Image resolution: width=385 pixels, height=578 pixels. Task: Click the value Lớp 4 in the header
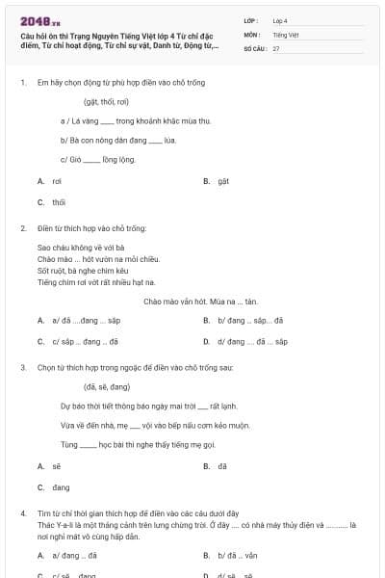[x=280, y=19]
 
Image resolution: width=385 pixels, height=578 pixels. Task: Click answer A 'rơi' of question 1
[x=57, y=180]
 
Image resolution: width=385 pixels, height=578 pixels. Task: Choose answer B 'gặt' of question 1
[x=222, y=180]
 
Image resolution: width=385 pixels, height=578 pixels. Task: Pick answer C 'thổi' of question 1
[x=59, y=202]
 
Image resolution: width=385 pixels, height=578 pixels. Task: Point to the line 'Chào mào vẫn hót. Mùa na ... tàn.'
[x=200, y=301]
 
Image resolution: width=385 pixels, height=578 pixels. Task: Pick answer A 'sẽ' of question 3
[x=57, y=465]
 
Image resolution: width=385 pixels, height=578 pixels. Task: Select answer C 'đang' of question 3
[x=61, y=487]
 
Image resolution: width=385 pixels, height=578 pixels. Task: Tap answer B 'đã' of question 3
[x=222, y=465]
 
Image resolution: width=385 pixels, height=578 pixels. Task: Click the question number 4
[x=22, y=515]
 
